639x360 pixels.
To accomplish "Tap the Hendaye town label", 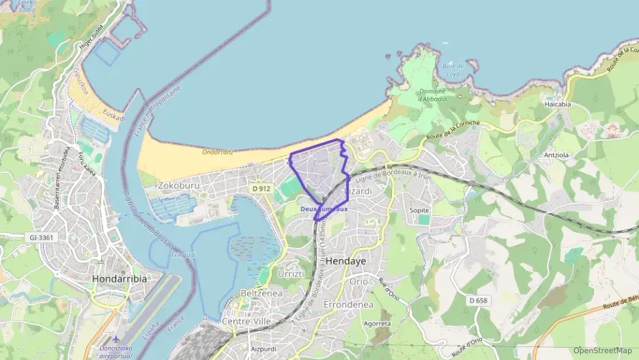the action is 346,262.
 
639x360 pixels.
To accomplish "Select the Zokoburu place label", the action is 178,184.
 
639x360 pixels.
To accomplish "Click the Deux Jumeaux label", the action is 324,208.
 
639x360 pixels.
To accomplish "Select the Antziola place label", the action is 556,154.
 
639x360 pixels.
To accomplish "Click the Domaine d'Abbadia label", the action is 432,95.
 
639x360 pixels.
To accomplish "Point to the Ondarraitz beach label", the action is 218,152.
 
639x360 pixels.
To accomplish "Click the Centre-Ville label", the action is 247,320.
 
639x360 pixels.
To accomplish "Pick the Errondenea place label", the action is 347,304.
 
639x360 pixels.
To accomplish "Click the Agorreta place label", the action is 378,323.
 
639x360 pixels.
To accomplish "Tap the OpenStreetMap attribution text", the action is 603,350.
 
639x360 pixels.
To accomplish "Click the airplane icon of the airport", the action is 117,338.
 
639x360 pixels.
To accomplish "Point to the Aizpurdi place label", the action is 264,348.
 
